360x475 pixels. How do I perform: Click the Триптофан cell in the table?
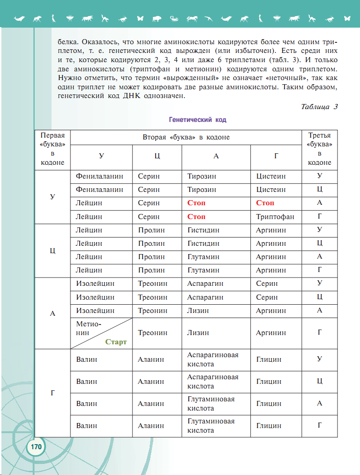click(275, 217)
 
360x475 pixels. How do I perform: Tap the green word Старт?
click(116, 342)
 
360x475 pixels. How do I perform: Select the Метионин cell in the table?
click(88, 328)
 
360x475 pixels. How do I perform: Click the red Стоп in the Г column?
click(265, 203)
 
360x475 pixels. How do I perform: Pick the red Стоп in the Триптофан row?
click(196, 217)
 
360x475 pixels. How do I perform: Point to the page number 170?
click(36, 447)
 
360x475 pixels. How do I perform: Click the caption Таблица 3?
click(319, 107)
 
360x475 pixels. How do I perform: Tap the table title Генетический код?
click(197, 120)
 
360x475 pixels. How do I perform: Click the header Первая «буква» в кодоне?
click(52, 149)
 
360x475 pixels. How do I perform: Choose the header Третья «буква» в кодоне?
click(319, 149)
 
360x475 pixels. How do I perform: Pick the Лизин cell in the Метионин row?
click(198, 333)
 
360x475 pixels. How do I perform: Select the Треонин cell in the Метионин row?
click(152, 333)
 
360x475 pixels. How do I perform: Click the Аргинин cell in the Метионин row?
click(271, 333)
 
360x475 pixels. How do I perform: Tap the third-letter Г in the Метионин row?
click(319, 332)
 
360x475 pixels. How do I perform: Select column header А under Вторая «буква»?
click(216, 156)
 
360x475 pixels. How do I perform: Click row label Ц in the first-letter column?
click(52, 250)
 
